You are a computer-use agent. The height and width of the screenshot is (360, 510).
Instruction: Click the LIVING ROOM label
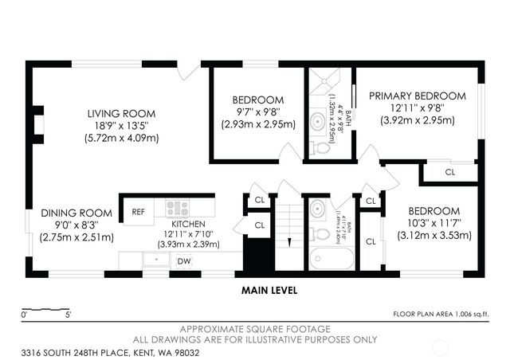(x=122, y=113)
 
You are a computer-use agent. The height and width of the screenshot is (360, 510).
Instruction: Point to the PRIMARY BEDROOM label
(x=411, y=96)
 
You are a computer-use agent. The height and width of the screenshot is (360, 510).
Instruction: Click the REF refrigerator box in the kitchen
(x=138, y=211)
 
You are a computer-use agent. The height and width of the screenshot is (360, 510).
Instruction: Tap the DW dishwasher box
(x=183, y=260)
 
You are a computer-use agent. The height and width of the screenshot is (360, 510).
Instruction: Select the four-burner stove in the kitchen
(x=177, y=209)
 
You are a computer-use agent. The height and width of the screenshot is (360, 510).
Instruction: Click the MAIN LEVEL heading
(x=269, y=291)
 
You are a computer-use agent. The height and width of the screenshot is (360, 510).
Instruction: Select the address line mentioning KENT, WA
(x=100, y=351)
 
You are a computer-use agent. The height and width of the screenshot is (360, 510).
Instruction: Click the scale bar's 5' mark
(x=69, y=315)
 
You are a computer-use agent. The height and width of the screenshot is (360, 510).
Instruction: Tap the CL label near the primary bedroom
(x=449, y=171)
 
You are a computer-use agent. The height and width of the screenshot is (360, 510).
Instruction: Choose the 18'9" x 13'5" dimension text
(x=122, y=125)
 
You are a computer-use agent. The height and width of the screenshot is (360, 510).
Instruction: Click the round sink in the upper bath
(x=319, y=121)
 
